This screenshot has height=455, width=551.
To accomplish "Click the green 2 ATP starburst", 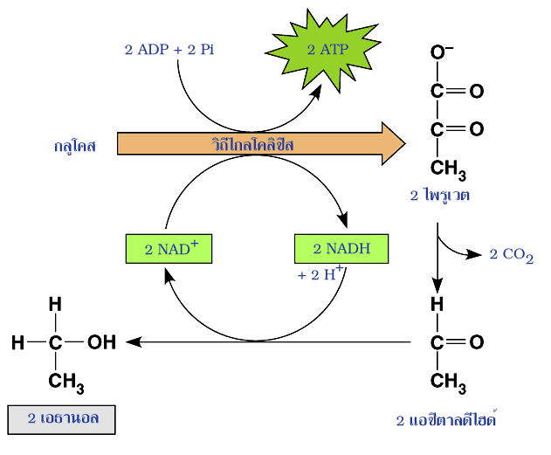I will click(x=327, y=50).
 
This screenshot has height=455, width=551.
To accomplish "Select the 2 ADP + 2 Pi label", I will click(x=169, y=49).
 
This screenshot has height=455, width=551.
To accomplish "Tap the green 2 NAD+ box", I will click(x=169, y=249).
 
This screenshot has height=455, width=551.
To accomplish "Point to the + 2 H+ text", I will click(x=321, y=273).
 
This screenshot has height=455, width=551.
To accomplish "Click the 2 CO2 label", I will click(x=511, y=255).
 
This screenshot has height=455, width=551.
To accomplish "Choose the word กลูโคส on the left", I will click(x=73, y=146).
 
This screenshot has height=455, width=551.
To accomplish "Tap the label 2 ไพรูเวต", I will click(x=440, y=195).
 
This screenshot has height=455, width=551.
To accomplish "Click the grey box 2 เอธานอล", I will click(x=62, y=418).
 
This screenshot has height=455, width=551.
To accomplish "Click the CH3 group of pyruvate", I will click(x=449, y=167).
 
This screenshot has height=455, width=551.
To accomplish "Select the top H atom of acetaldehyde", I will click(x=437, y=304).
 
